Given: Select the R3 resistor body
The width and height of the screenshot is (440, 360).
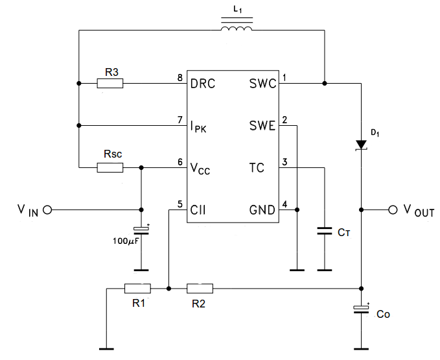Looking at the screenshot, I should click(110, 83).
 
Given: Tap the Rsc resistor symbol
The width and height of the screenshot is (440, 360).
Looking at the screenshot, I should click(110, 168).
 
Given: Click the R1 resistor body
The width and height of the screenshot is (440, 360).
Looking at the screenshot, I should click(137, 288).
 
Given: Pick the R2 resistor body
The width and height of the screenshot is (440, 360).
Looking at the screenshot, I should click(199, 288).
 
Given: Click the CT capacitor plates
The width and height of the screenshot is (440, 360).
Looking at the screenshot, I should click(324, 231).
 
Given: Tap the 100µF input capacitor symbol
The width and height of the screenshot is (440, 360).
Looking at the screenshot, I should click(141, 230).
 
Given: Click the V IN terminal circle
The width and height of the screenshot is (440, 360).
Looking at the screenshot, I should click(47, 210).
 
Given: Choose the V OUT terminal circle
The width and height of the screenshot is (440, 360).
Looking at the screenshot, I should click(392, 210).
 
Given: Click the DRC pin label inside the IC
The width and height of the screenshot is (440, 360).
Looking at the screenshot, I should click(203, 84).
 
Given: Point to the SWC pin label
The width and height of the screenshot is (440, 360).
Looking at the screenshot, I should click(262, 84).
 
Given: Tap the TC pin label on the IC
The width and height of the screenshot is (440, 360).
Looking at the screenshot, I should click(257, 168).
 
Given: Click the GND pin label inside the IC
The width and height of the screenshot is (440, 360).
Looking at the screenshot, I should click(262, 210).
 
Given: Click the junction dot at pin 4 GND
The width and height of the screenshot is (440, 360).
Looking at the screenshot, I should click(297, 210).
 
